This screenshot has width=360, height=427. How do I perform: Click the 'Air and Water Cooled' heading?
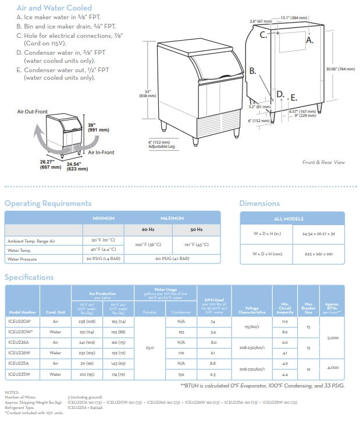(54, 8)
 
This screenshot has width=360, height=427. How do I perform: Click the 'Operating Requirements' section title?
(48, 204)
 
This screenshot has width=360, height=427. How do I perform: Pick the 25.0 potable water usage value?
(151, 347)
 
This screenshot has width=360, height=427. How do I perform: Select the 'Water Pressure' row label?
(23, 258)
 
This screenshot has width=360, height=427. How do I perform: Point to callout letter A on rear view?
(310, 41)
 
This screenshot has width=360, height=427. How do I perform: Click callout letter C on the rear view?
(263, 35)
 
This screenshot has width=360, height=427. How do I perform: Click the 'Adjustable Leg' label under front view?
(160, 146)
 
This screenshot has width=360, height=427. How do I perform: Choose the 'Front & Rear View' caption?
(323, 163)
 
